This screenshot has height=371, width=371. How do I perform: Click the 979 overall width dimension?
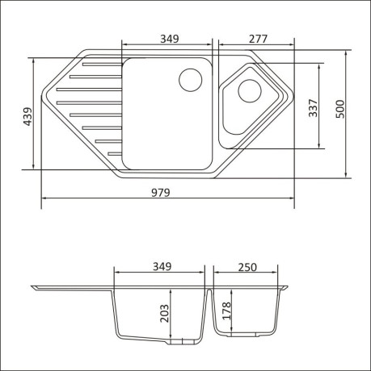[x=161, y=193]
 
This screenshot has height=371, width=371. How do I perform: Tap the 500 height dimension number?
[x=340, y=109]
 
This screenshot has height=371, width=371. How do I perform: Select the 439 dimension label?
[x=27, y=116]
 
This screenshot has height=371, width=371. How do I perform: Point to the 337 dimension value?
[x=314, y=108]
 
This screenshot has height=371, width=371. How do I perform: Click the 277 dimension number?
[x=258, y=39]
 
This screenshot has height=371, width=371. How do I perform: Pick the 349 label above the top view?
[x=170, y=39]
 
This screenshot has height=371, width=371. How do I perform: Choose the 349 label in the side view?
[x=162, y=266]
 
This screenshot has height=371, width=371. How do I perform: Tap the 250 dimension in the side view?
[x=247, y=267]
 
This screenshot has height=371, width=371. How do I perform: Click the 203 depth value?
[x=164, y=313]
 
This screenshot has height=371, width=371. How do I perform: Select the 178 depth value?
[x=227, y=311]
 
